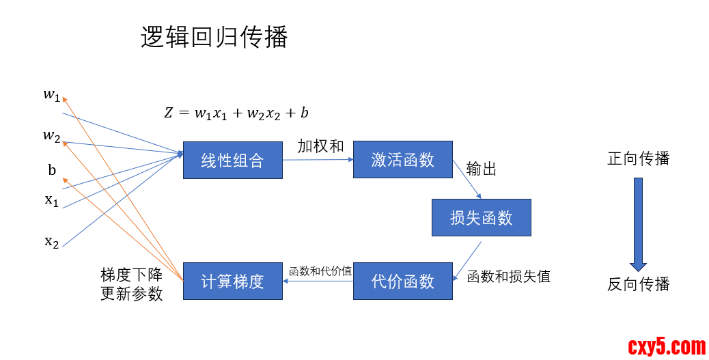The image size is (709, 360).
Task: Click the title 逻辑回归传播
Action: click(x=214, y=38)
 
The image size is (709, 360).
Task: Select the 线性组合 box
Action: click(x=232, y=160)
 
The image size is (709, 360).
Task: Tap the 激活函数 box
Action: click(x=402, y=159)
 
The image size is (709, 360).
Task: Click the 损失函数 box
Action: click(x=481, y=217)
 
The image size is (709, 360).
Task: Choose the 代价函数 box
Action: click(x=402, y=281)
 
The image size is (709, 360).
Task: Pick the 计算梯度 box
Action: click(x=232, y=281)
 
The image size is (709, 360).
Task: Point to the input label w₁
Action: click(x=51, y=95)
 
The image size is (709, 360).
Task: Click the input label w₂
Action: click(x=51, y=136)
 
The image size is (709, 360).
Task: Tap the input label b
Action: click(x=52, y=170)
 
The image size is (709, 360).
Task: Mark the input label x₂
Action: click(x=51, y=241)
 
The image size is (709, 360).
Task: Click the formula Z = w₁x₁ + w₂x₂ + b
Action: click(x=236, y=113)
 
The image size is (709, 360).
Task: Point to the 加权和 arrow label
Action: click(x=320, y=146)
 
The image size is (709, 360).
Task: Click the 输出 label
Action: click(x=482, y=169)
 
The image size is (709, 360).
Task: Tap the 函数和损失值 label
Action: click(x=508, y=277)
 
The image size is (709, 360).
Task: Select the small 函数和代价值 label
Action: click(x=320, y=271)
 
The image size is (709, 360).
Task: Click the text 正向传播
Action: click(x=638, y=159)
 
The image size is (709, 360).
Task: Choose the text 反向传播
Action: click(x=638, y=284)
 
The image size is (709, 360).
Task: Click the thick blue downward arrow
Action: click(x=638, y=224)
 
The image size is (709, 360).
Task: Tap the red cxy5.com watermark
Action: click(x=666, y=347)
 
